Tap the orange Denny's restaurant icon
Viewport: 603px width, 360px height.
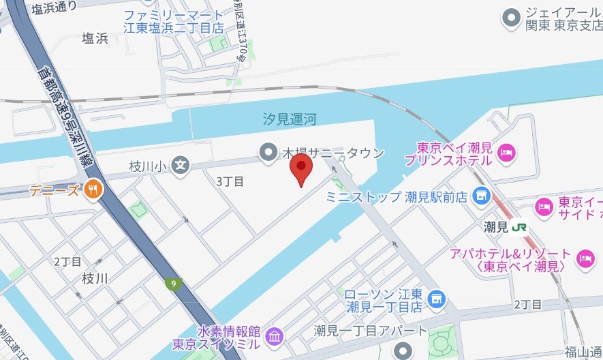pyautogui.click(x=93, y=190)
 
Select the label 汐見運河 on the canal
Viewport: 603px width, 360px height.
pyautogui.click(x=290, y=120)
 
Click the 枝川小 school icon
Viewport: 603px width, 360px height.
pyautogui.click(x=181, y=165)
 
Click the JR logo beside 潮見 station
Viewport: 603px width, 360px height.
pyautogui.click(x=520, y=227)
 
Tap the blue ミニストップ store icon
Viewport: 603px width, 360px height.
pyautogui.click(x=482, y=196)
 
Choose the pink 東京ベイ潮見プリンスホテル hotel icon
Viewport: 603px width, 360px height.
pyautogui.click(x=506, y=150)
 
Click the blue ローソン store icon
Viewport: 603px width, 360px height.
pyautogui.click(x=437, y=299)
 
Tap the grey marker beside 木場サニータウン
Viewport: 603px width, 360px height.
pyautogui.click(x=270, y=151)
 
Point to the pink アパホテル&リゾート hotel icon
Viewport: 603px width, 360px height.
pyautogui.click(x=585, y=258)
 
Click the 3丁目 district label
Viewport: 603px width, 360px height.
pyautogui.click(x=230, y=181)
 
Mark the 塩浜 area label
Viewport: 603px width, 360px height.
pyautogui.click(x=95, y=38)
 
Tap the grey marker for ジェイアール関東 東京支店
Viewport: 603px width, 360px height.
pyautogui.click(x=509, y=18)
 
